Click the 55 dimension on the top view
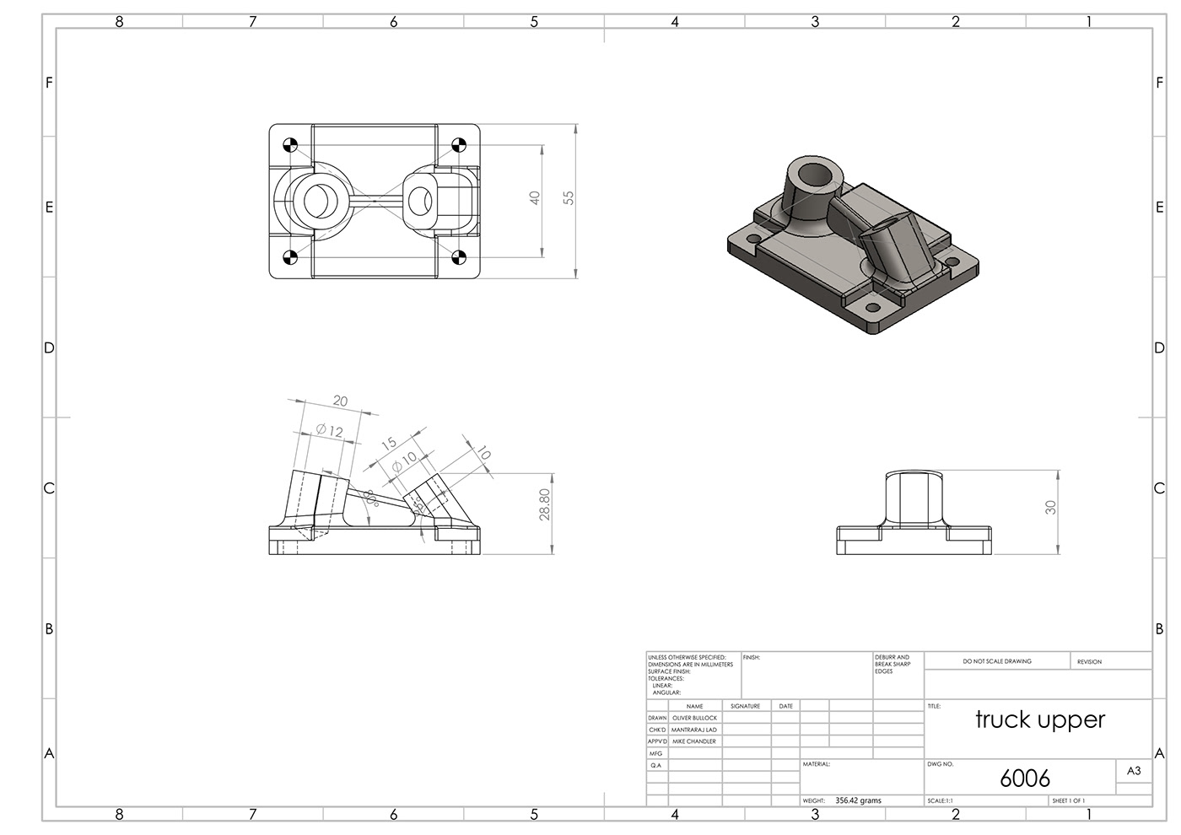coord(569,197)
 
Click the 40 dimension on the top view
coord(535,197)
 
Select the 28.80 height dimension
coord(545,504)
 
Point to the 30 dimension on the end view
coord(1050,507)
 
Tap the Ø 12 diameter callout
coord(330,431)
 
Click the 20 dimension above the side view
coord(340,401)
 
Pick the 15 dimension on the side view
coord(388,444)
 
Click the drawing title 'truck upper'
coord(1039,719)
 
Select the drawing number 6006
coord(1024,778)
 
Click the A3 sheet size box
coord(1134,771)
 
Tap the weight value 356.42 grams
coord(858,800)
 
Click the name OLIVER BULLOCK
coord(694,718)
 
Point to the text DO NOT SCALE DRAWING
coord(997,661)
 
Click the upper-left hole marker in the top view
coord(289,144)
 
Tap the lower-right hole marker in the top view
coord(460,258)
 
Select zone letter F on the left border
coord(49,83)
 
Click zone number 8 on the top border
coord(119,22)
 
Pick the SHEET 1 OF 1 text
coord(1068,800)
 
